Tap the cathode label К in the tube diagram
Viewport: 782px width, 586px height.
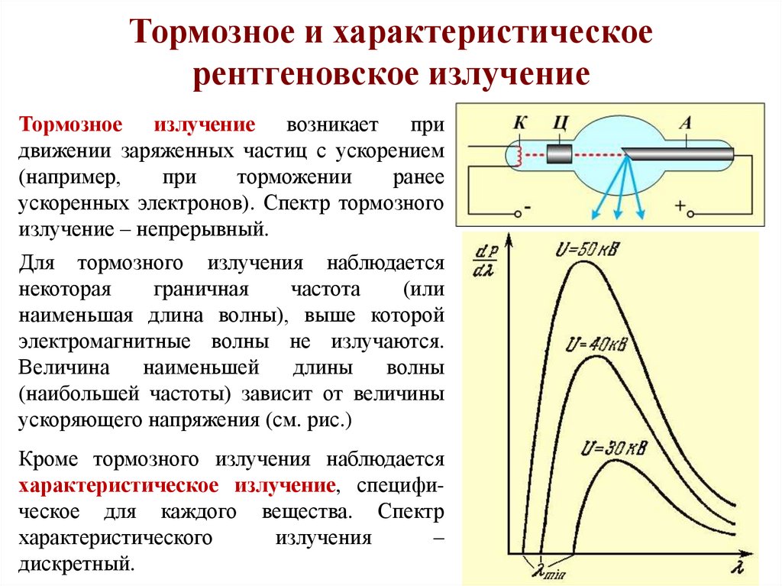[x=521, y=121]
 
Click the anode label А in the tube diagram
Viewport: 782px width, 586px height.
[x=685, y=121]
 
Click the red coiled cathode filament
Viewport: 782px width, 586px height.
[x=522, y=156]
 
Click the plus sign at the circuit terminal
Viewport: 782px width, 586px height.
[x=680, y=206]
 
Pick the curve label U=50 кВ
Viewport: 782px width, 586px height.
[x=589, y=250]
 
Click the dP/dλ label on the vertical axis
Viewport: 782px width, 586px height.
[x=484, y=261]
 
